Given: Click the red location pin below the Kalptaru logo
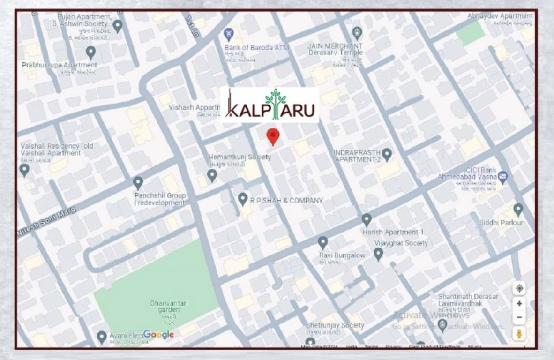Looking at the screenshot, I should click(273, 136).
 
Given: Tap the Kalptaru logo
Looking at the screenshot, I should click(270, 105).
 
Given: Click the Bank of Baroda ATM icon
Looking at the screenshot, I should click(229, 34).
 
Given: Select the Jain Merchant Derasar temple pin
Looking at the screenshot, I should click(357, 33).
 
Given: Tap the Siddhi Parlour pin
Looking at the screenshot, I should click(518, 209).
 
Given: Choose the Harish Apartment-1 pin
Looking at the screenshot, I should click(367, 219).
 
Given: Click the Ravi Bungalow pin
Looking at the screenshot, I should click(322, 242).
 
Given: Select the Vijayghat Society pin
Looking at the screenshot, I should click(378, 254).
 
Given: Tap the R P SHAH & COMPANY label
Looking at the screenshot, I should click(286, 201).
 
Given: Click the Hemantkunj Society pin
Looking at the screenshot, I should click(212, 175).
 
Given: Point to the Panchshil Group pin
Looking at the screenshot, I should click(138, 183).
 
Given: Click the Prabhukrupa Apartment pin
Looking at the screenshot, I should click(91, 52).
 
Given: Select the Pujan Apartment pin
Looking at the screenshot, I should click(118, 26).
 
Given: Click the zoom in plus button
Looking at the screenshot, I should click(519, 303).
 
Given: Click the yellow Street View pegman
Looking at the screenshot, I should click(519, 333).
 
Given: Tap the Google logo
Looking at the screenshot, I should click(158, 334).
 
